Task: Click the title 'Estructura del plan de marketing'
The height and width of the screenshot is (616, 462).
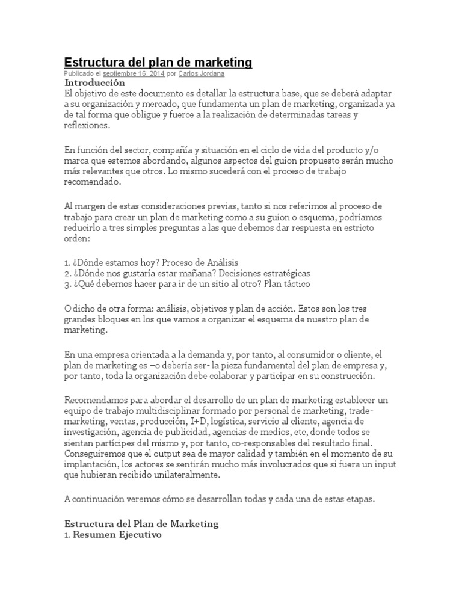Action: (x=158, y=63)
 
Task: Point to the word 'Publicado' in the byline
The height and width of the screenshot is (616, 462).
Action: (x=80, y=73)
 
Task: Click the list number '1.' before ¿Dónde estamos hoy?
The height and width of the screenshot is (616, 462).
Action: (x=67, y=263)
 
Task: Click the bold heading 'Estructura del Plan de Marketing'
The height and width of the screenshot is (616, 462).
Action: (x=141, y=523)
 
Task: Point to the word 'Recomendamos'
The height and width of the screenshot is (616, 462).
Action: (x=94, y=400)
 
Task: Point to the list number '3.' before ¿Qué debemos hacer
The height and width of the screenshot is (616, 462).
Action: (x=67, y=283)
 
